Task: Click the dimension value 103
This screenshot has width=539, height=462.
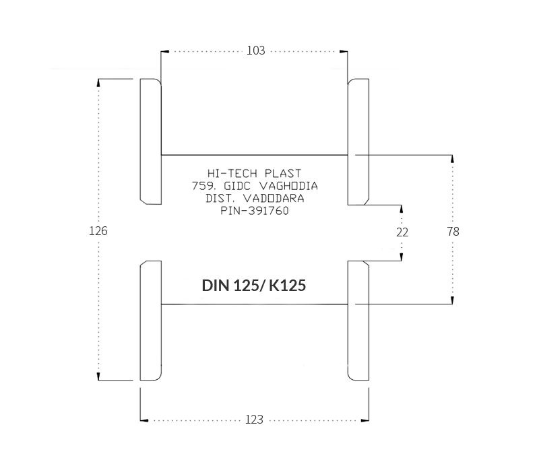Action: [256, 51]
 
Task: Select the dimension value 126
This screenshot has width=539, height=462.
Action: [98, 231]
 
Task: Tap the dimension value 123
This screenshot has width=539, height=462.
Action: [255, 420]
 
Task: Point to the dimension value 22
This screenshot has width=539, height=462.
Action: [402, 232]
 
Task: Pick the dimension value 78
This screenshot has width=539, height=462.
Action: [453, 232]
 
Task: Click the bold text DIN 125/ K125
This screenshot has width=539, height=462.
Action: [254, 286]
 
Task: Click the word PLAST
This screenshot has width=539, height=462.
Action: [283, 173]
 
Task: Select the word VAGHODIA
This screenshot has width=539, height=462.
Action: [288, 186]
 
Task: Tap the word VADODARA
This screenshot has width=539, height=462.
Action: [274, 198]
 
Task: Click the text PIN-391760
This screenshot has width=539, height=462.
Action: [255, 211]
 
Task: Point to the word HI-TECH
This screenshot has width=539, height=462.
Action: [232, 173]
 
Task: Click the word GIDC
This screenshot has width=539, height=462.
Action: [237, 186]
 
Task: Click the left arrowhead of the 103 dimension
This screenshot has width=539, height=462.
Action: [165, 52]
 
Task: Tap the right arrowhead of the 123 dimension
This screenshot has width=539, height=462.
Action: [364, 420]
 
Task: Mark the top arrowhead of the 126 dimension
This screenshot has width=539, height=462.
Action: [98, 83]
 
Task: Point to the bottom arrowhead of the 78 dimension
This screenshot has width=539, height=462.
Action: [452, 300]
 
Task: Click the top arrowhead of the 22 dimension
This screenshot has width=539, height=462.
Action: [402, 209]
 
